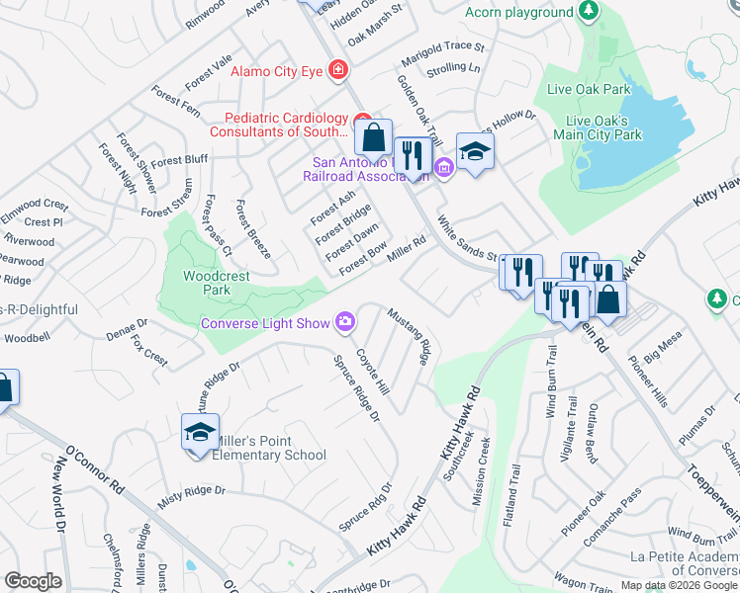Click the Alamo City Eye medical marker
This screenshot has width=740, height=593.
[338, 70]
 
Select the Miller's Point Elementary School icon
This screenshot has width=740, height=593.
[200, 434]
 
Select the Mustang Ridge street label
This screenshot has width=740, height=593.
[410, 337]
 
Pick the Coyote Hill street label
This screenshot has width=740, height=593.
[373, 371]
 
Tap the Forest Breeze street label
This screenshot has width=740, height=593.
[252, 228]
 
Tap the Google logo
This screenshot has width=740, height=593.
[33, 581]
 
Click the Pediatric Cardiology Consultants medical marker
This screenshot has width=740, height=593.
[362, 118]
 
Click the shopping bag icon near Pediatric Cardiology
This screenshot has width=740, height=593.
[373, 137]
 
